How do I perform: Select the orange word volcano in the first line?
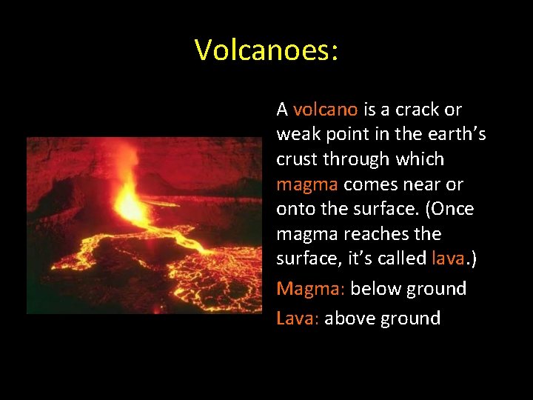pos(326,110)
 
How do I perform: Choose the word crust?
pos(296,160)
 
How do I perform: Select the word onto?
pos(296,210)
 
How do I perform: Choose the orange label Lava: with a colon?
pos(298,319)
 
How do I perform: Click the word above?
pos(349,319)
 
